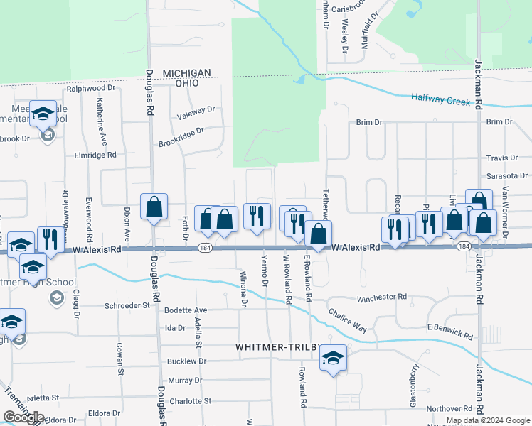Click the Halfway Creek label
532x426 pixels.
click(x=440, y=101)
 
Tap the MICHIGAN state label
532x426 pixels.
click(x=186, y=73)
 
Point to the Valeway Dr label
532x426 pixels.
click(x=196, y=111)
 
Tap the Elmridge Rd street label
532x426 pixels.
click(x=95, y=155)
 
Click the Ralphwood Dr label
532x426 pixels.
click(x=90, y=89)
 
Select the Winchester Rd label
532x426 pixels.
click(x=381, y=297)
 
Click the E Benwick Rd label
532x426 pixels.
click(x=449, y=330)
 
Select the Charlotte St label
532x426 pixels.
click(x=190, y=400)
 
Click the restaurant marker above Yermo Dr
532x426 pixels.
click(x=257, y=216)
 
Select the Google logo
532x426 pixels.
click(x=23, y=417)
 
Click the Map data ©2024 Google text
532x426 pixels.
click(x=488, y=420)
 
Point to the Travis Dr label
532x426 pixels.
click(x=501, y=158)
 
